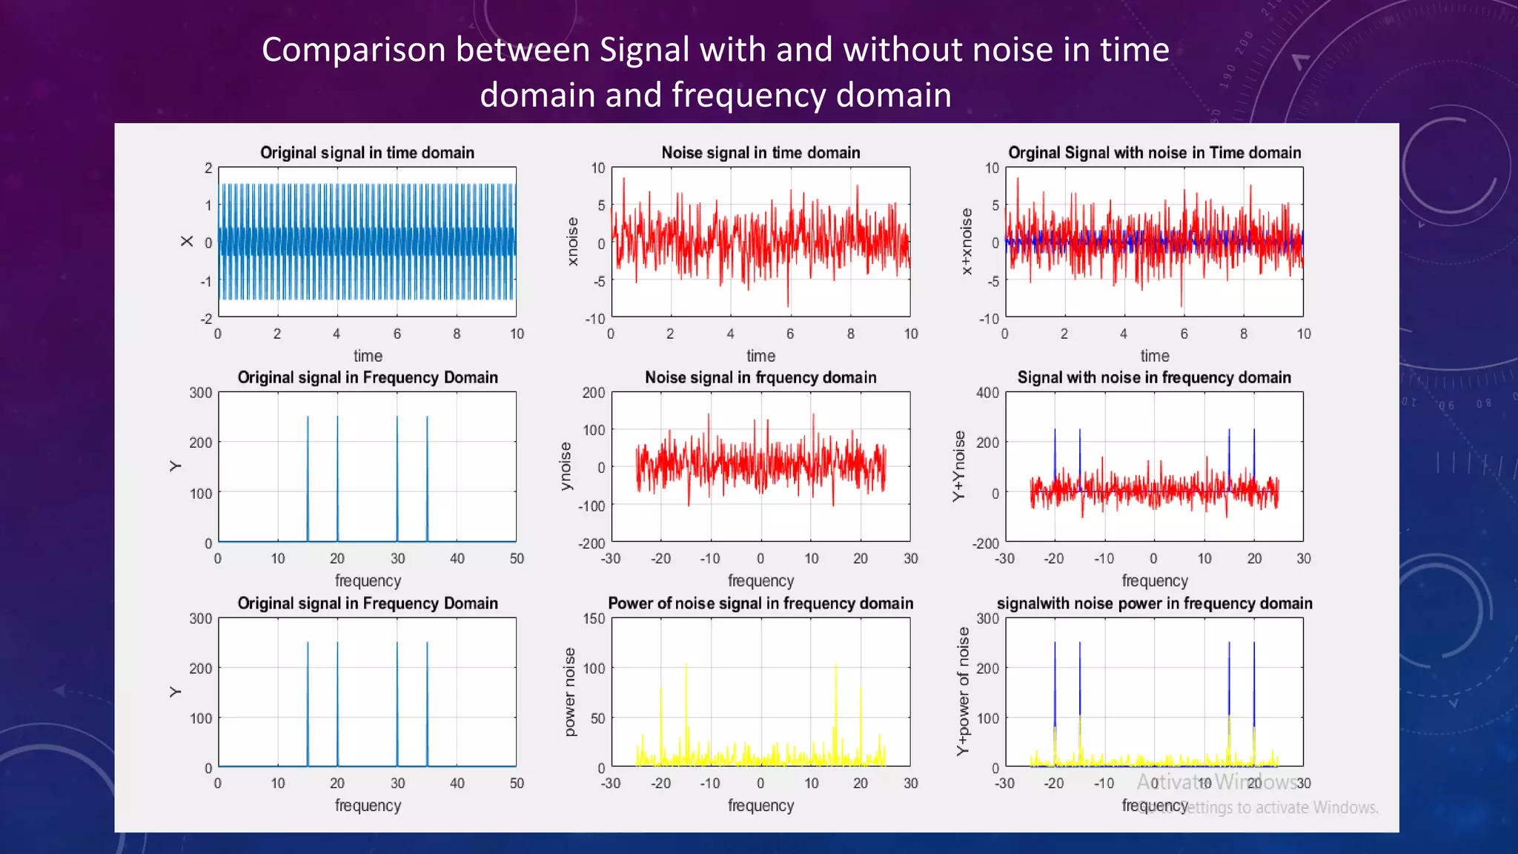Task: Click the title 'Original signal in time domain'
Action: point(367,153)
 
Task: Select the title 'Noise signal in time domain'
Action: point(760,153)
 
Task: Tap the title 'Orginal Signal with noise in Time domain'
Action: point(1154,153)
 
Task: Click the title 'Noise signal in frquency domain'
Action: point(760,377)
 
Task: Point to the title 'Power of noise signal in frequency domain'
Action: point(760,603)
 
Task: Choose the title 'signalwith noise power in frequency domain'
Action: point(1154,603)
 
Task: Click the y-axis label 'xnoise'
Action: point(572,242)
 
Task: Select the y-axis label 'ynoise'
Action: point(566,466)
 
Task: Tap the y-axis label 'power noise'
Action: point(569,692)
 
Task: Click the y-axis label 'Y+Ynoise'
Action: point(959,466)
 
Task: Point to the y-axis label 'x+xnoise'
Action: point(966,242)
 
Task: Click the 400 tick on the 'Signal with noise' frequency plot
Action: point(987,393)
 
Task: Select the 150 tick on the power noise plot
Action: point(594,618)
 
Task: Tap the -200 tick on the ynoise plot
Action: point(591,543)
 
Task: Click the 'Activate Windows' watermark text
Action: point(1216,782)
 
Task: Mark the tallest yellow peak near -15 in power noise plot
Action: point(686,665)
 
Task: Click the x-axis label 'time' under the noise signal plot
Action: point(760,356)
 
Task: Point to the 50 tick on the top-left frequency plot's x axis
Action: point(517,558)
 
